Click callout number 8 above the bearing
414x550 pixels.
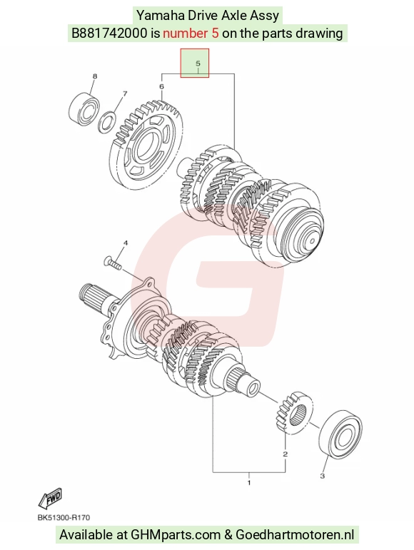(94, 76)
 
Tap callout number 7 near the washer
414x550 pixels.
(124, 93)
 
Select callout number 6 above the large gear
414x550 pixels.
(161, 86)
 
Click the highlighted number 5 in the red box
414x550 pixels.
(198, 63)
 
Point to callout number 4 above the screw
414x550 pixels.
(125, 243)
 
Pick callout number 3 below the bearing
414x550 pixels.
(323, 476)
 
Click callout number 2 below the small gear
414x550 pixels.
(286, 454)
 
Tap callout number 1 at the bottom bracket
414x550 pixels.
(249, 483)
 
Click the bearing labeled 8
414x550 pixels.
(84, 110)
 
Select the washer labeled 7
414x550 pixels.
(107, 122)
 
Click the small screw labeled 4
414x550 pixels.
(113, 263)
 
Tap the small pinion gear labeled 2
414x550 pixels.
(293, 413)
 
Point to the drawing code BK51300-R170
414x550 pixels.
(64, 518)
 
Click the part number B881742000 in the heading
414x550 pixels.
(109, 34)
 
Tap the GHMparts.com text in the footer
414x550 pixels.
(176, 535)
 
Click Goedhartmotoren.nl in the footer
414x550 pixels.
(295, 535)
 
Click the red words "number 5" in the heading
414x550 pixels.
(191, 34)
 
